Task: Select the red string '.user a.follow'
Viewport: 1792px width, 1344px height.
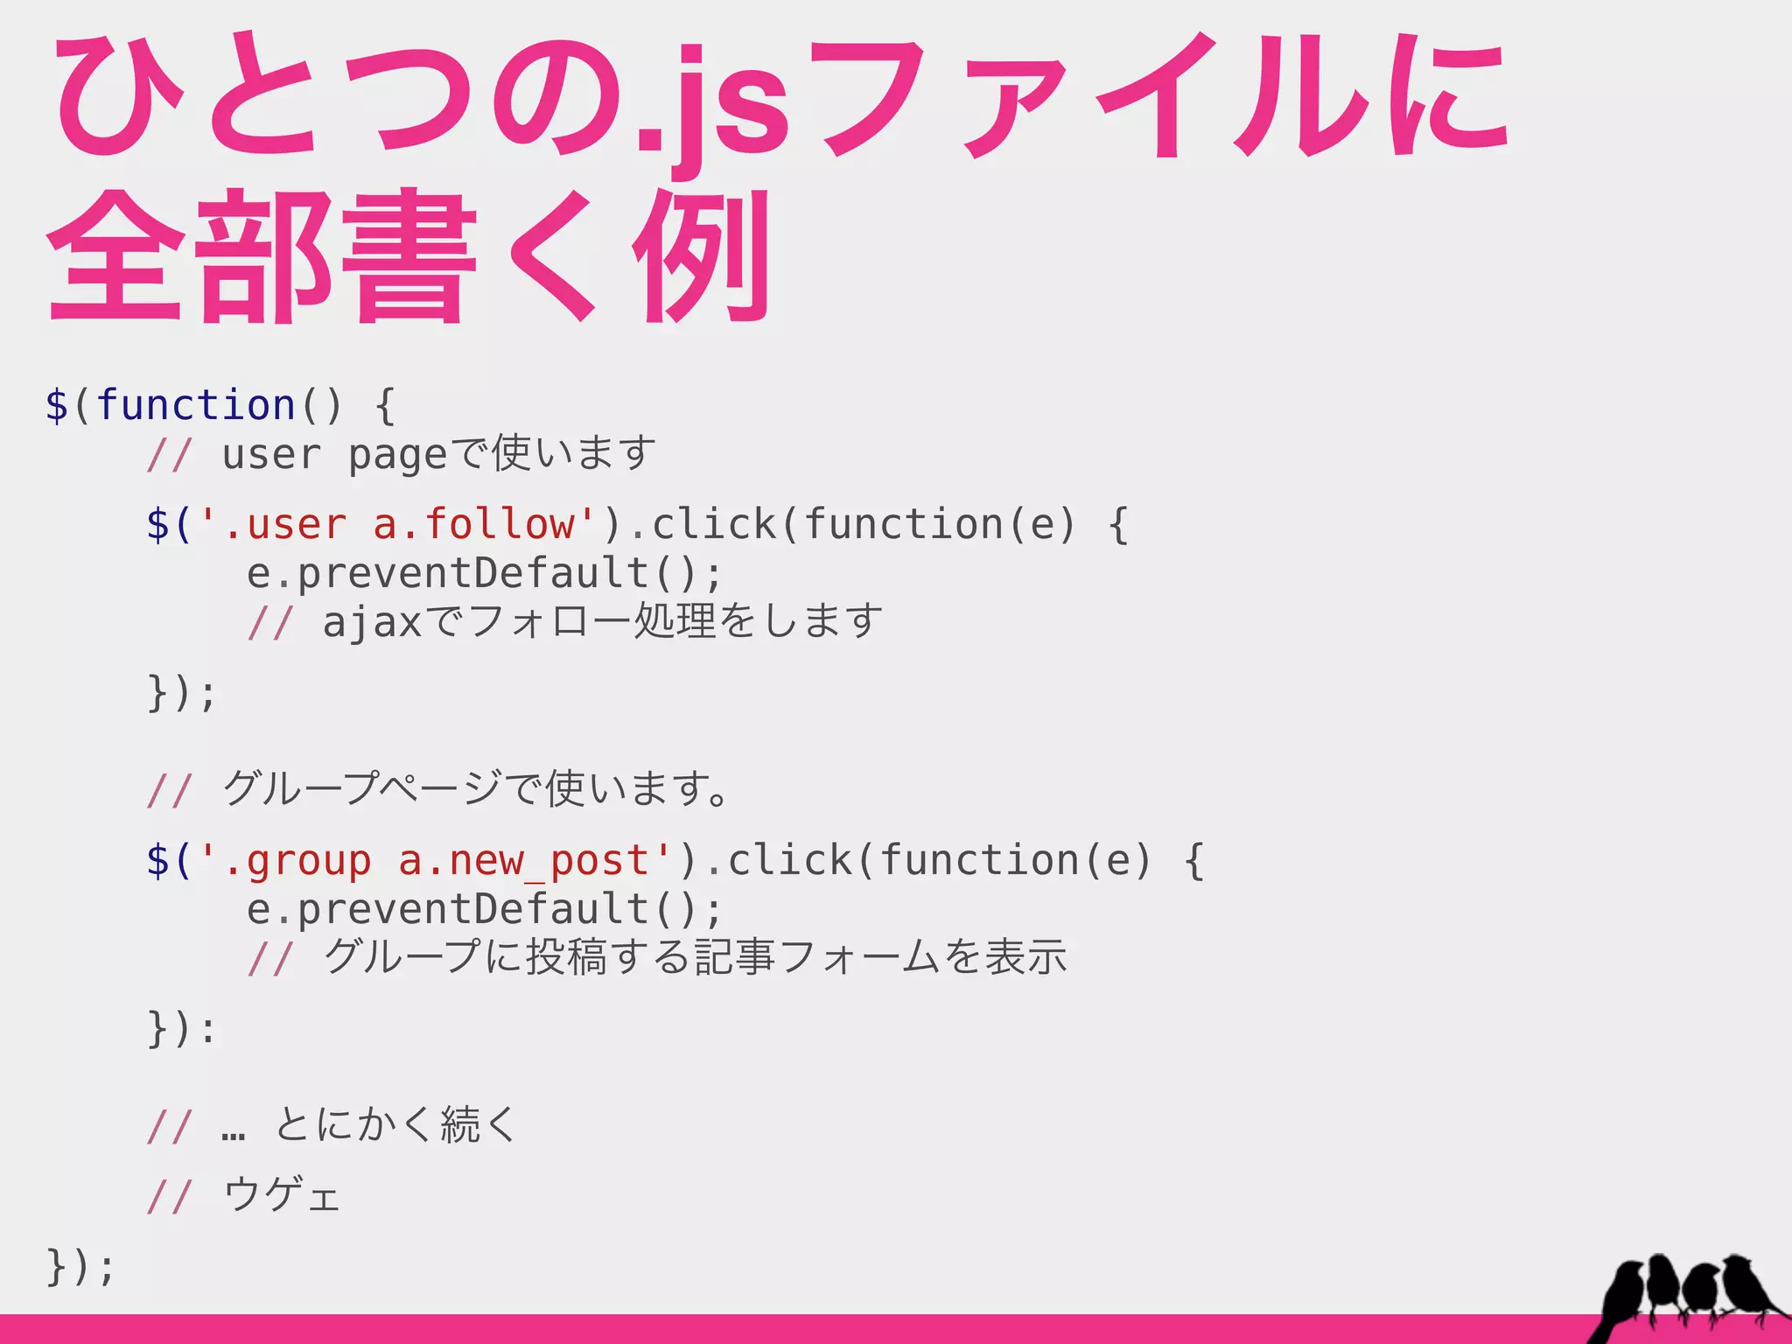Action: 398,524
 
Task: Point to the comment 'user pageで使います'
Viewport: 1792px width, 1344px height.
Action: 437,454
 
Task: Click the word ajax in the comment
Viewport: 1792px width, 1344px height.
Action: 373,622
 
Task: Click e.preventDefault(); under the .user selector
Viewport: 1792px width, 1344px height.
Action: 485,573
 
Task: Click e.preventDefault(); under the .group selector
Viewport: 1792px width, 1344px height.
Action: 485,909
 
